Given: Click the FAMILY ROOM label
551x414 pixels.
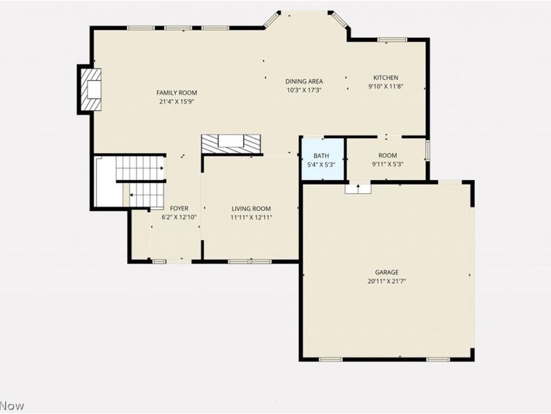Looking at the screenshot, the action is click(177, 93).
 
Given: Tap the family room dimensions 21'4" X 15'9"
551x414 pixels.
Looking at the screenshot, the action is click(177, 102).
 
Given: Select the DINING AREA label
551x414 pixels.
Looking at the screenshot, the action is click(304, 81).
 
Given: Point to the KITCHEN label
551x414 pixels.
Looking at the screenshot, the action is click(386, 78).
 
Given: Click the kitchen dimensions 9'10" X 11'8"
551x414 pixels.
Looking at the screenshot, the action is click(386, 87).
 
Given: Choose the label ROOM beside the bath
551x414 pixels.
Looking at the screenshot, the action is click(388, 156).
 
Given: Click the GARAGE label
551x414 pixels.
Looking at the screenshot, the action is click(386, 273).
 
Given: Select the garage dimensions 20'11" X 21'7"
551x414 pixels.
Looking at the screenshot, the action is click(386, 282).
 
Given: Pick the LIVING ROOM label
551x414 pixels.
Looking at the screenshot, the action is click(251, 209).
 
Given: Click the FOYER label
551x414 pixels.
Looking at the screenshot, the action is click(179, 208).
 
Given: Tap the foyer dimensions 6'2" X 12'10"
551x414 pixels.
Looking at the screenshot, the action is click(179, 217).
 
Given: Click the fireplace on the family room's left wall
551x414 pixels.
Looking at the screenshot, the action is click(91, 90).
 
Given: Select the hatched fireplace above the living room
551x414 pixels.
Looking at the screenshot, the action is click(231, 144).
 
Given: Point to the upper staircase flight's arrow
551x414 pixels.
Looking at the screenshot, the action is click(161, 168).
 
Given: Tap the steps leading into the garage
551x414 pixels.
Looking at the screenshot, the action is click(357, 188).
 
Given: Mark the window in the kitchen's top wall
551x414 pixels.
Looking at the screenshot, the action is click(392, 40).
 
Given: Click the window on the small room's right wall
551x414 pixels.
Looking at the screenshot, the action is click(428, 150).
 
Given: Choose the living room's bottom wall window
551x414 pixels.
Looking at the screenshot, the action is click(250, 262).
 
